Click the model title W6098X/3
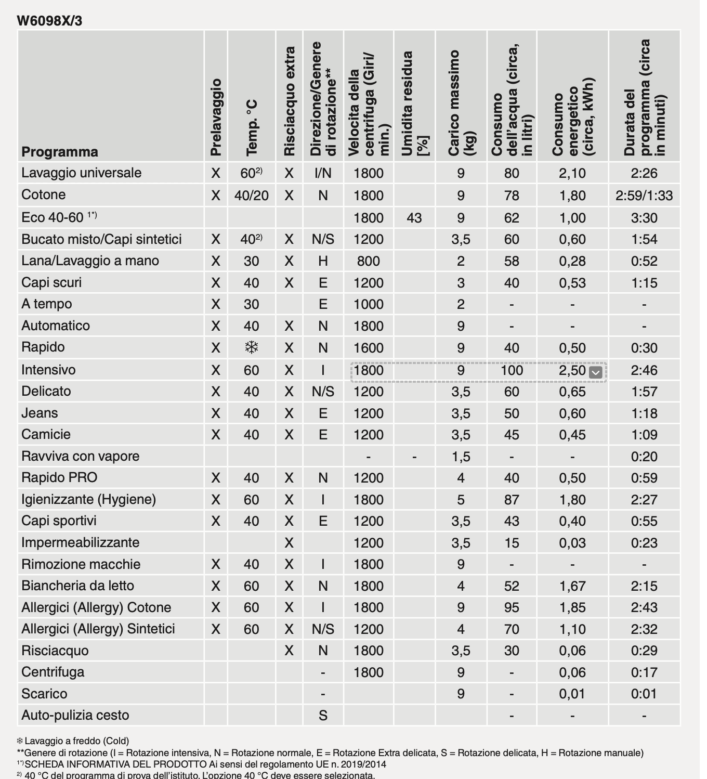(x=49, y=21)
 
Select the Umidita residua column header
(x=414, y=104)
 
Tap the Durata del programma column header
(x=644, y=98)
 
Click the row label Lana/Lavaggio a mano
(x=90, y=261)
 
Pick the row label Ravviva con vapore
(x=80, y=456)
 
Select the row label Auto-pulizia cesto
(x=75, y=715)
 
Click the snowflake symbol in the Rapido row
(x=251, y=347)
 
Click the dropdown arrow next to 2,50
(x=596, y=372)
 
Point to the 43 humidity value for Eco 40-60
(x=414, y=218)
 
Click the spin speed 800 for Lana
(x=368, y=261)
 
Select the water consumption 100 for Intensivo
(x=512, y=370)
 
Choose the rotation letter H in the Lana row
(x=323, y=261)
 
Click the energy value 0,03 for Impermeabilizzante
(x=572, y=543)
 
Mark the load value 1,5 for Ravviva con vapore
(x=461, y=457)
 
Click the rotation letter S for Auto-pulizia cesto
(x=323, y=716)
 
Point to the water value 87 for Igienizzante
(x=512, y=500)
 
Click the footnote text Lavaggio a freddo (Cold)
(x=77, y=741)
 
